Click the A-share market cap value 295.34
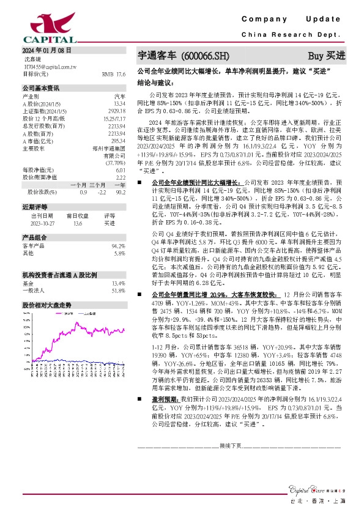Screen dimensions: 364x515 117,141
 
